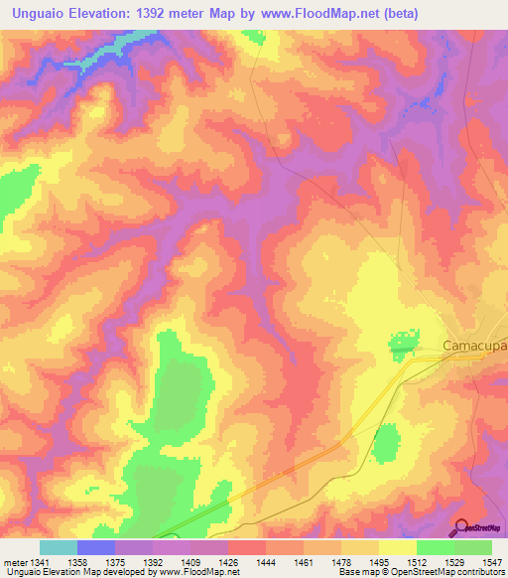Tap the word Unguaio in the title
pos(40,14)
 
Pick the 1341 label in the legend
pos(40,562)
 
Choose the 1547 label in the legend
pos(492,562)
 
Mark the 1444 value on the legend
pos(266,562)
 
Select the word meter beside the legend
pos(14,562)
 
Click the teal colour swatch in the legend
pos(59,547)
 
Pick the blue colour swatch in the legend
pos(96,547)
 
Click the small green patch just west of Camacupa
pos(402,347)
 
